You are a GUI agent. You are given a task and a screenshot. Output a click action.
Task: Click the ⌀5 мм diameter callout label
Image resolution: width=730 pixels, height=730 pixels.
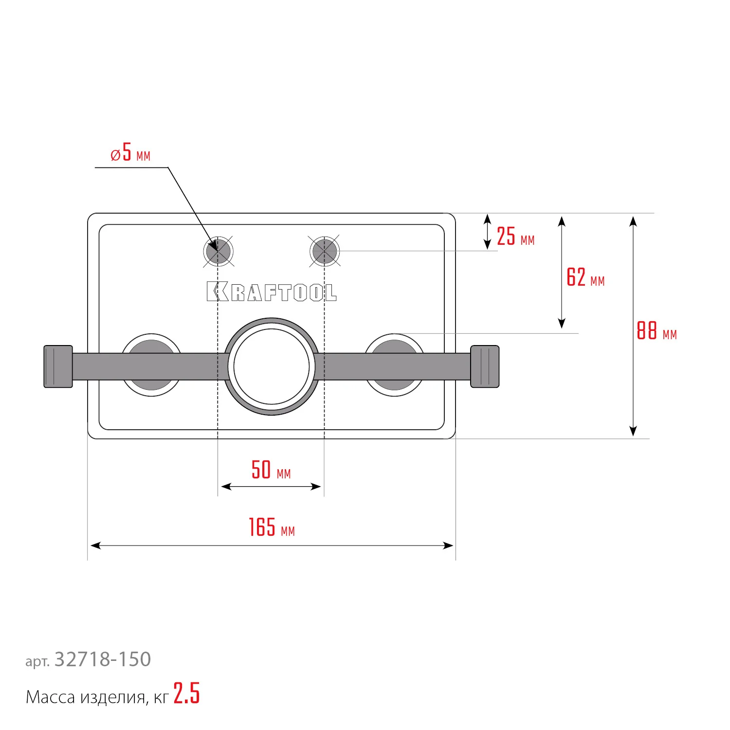(x=130, y=153)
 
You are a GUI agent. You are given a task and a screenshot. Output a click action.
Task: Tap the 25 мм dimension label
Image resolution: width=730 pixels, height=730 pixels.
(x=515, y=237)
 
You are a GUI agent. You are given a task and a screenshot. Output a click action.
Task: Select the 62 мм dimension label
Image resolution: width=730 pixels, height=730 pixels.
(x=585, y=278)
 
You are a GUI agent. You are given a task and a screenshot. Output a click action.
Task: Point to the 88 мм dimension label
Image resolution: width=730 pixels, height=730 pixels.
(x=656, y=331)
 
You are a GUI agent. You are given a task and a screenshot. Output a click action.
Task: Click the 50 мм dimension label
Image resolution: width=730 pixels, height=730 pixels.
(x=271, y=471)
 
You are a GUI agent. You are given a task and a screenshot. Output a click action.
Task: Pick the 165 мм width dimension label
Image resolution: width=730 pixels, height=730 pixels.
(x=272, y=528)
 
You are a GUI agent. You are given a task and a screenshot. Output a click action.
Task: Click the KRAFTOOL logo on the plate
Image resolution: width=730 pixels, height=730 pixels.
(x=271, y=292)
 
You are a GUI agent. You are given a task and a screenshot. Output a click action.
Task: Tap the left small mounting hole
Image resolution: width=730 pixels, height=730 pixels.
(x=218, y=252)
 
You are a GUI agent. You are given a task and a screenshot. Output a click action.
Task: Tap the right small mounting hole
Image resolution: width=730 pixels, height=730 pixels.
(x=325, y=252)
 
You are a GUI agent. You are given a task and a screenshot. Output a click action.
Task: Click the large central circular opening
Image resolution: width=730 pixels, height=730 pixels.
(x=272, y=366)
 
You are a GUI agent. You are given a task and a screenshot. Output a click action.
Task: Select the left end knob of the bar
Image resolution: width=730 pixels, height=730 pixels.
(x=58, y=366)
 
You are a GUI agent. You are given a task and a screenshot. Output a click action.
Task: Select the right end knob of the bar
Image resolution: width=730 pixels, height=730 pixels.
(x=485, y=366)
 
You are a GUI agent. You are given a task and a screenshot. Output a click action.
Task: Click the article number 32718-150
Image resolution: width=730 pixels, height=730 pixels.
(x=103, y=660)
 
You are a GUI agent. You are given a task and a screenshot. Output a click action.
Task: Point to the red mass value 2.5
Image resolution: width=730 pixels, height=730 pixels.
(x=186, y=694)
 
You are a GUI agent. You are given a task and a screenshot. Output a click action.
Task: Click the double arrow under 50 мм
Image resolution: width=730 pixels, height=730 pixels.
(x=271, y=486)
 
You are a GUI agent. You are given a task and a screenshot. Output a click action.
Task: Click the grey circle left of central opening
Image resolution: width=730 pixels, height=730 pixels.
(x=151, y=347)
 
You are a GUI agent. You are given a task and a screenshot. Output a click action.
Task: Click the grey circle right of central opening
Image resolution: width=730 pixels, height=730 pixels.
(x=394, y=347)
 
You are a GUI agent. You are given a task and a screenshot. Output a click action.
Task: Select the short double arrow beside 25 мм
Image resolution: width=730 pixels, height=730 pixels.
(x=487, y=232)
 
